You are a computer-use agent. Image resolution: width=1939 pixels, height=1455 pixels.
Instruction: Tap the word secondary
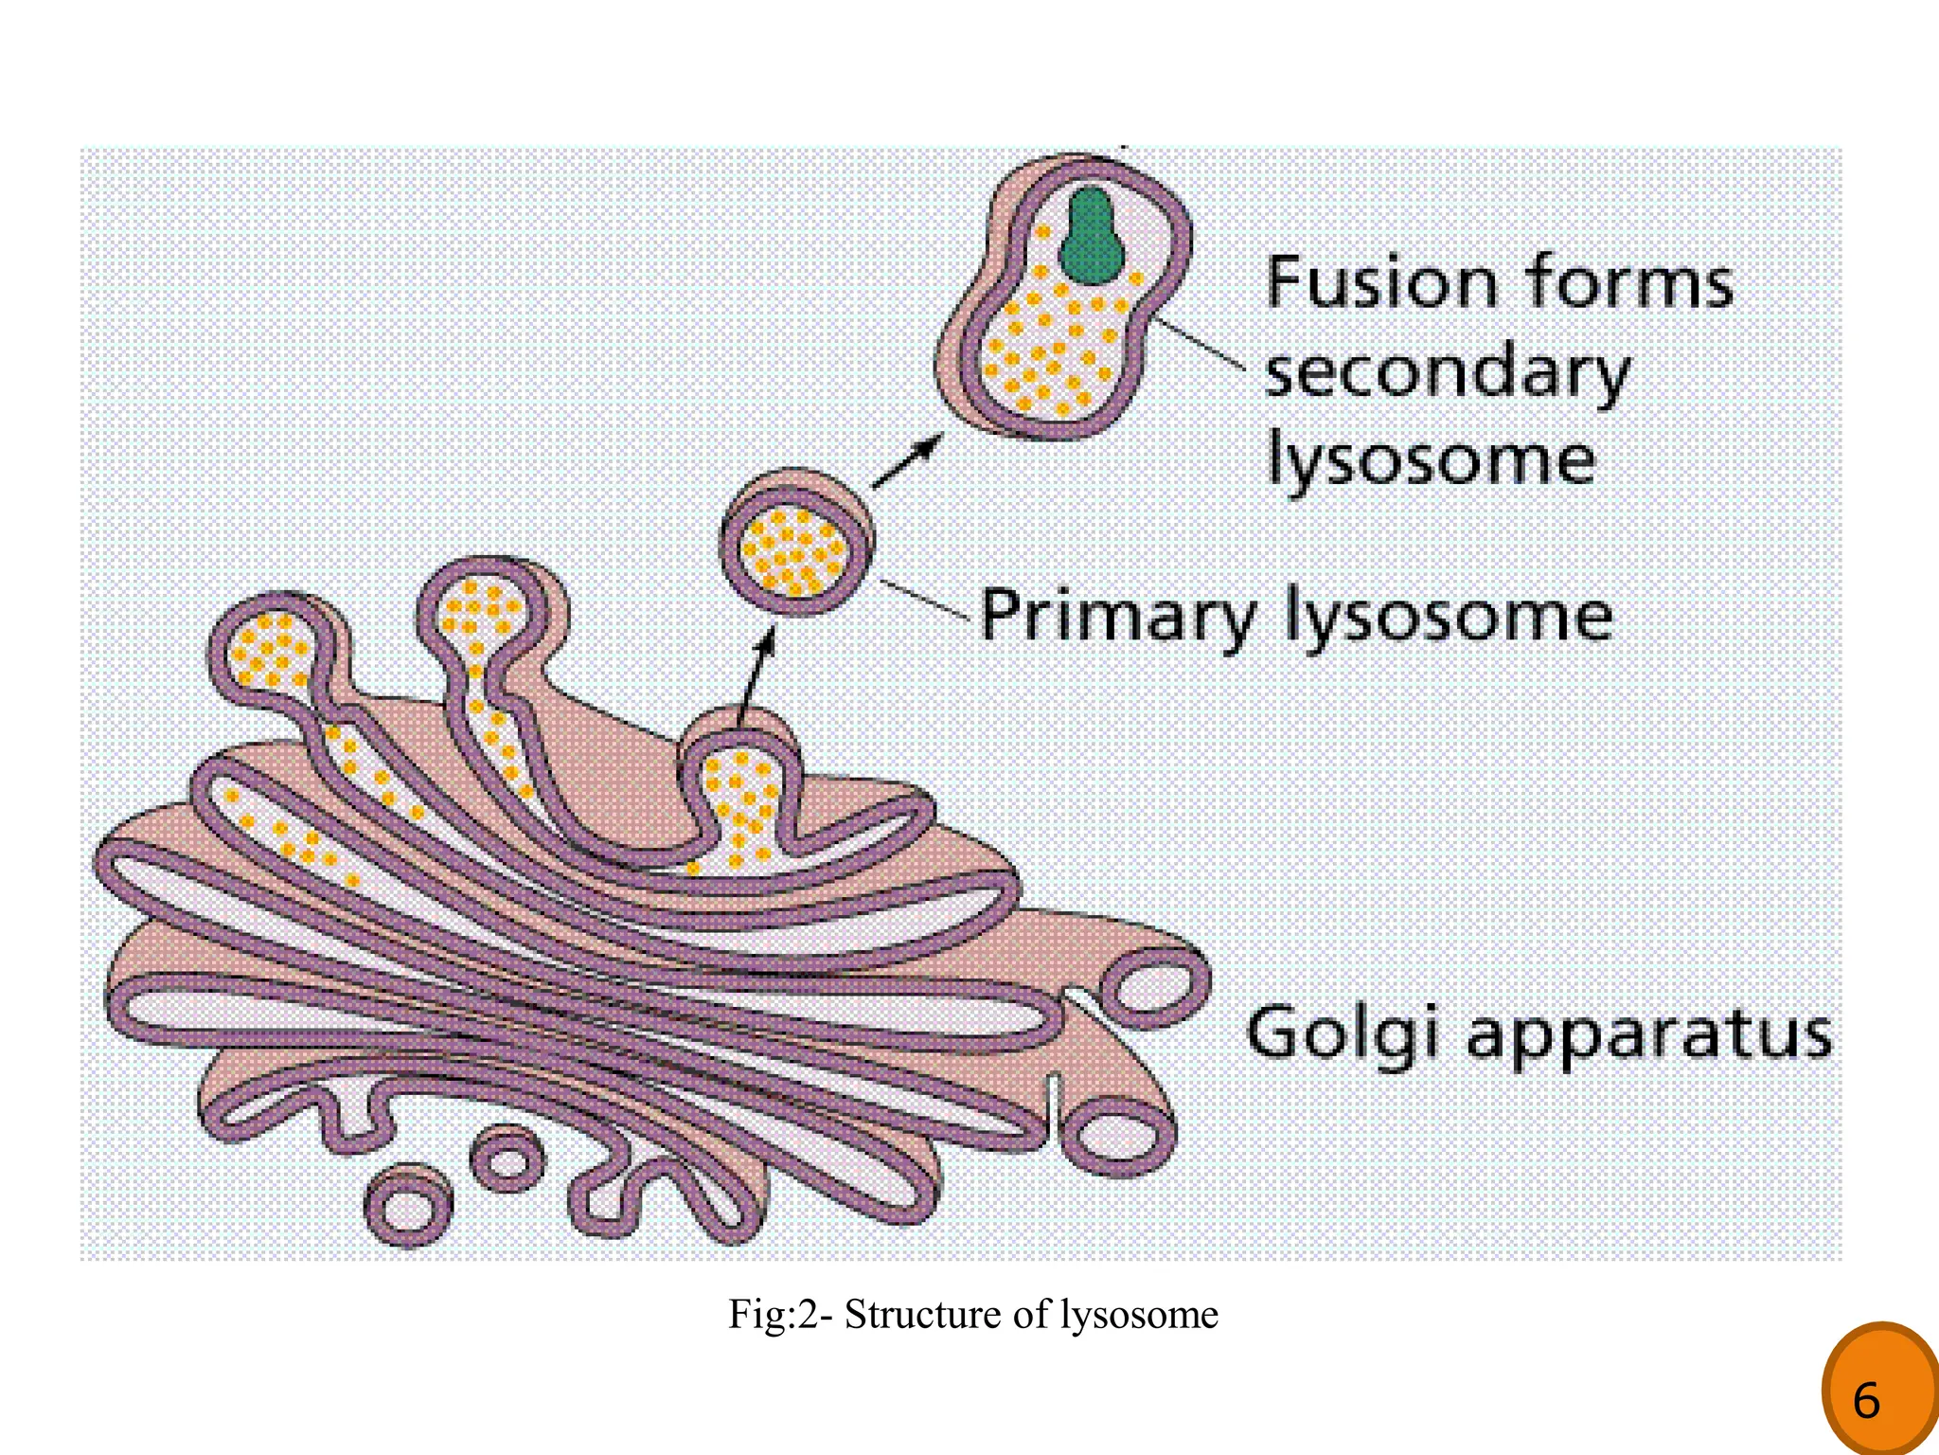tap(1447, 372)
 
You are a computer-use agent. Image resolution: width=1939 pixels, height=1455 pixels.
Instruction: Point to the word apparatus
tap(1649, 1035)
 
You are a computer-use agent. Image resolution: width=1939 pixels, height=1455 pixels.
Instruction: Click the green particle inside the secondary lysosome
tap(1091, 237)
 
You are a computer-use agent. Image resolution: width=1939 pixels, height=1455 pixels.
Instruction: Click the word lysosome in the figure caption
tap(1138, 1315)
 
